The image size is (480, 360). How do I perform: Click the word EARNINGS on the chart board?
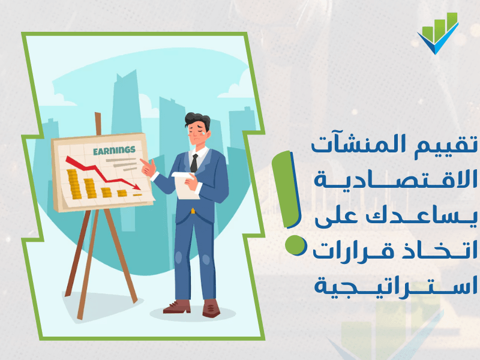coord(114,151)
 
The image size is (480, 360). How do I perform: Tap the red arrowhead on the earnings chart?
coord(137,187)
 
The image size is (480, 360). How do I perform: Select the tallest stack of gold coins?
coord(73,184)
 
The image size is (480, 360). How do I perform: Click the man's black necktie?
coord(194,163)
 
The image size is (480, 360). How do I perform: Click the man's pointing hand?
coord(148,167)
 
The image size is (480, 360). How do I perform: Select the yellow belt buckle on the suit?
coord(193,211)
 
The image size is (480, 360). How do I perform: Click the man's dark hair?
coord(197,120)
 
